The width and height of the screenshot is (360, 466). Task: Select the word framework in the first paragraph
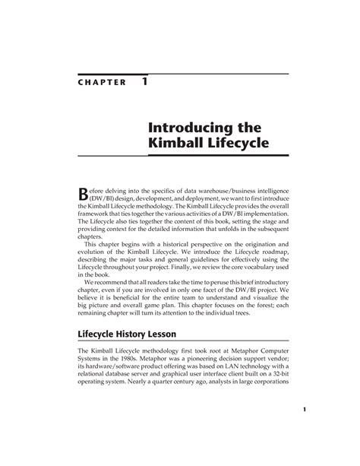[x=96, y=214]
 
